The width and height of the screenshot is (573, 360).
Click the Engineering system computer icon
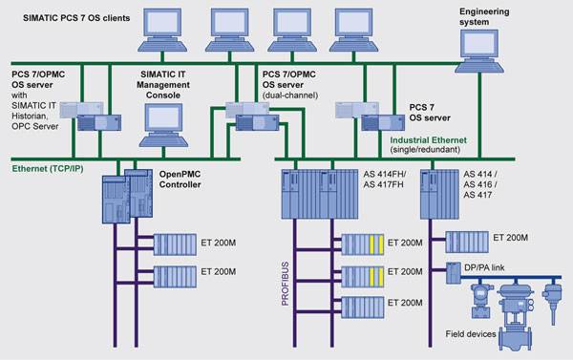(x=478, y=52)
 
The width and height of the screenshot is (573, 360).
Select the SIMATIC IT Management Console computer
(x=163, y=125)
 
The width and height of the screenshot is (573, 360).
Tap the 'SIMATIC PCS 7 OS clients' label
(x=76, y=18)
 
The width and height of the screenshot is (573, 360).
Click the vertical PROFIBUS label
(x=285, y=284)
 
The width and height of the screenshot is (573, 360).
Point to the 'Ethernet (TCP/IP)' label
(x=48, y=168)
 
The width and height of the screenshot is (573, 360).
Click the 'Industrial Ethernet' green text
(x=428, y=140)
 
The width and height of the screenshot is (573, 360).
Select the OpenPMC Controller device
(x=127, y=196)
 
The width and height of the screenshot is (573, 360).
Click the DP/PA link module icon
(x=454, y=273)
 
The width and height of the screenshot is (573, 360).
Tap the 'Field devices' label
(x=471, y=333)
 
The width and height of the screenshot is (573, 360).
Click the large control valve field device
(x=516, y=316)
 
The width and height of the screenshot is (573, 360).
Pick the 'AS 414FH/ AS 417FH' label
(x=385, y=180)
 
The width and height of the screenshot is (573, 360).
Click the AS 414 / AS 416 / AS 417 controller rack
(x=439, y=194)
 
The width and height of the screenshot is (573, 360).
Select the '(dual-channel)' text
(x=290, y=95)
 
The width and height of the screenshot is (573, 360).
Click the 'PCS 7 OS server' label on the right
(x=430, y=113)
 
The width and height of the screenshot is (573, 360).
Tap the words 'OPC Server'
(x=35, y=126)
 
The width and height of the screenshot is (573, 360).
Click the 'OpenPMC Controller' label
(x=180, y=180)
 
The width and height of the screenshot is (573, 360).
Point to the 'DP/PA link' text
(x=484, y=267)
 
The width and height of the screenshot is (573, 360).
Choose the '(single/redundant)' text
(x=425, y=150)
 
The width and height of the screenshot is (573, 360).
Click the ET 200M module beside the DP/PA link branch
(x=467, y=242)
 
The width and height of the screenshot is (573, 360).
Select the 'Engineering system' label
(x=484, y=17)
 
